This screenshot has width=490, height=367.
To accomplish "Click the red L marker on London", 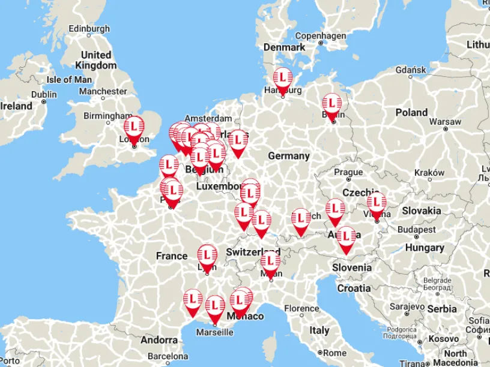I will (134, 128).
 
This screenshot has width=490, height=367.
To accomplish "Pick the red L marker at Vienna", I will (377, 203).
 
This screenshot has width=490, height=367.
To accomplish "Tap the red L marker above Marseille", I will (215, 306).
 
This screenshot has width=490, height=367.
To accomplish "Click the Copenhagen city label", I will (320, 36).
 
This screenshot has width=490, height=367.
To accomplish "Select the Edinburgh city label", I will (89, 28).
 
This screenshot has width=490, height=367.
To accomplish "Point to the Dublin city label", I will (44, 94).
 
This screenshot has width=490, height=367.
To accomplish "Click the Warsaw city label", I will (445, 121).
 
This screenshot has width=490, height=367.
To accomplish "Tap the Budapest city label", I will (416, 230).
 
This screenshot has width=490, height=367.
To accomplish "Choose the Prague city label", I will (348, 172).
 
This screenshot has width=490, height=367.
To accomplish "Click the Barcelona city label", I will (168, 356).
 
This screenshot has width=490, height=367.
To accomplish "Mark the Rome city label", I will (334, 353).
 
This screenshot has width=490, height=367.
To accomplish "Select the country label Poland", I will (411, 112).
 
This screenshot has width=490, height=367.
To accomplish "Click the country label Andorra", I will (159, 340).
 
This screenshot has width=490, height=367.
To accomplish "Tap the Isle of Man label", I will (69, 79).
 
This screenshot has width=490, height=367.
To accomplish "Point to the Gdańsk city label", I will (411, 70).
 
